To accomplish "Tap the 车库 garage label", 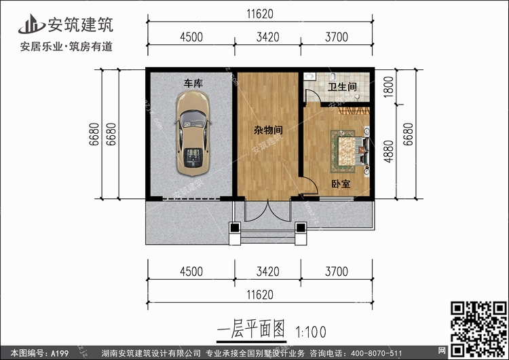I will pos(193,83).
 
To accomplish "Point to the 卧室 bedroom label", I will pos(341,183).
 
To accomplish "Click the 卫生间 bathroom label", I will pos(342,88).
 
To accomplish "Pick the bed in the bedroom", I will pos(350,152).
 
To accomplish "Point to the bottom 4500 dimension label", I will pos(191,272).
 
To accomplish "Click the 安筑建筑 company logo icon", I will pos(29,25).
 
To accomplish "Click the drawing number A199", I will pos(58,353).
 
